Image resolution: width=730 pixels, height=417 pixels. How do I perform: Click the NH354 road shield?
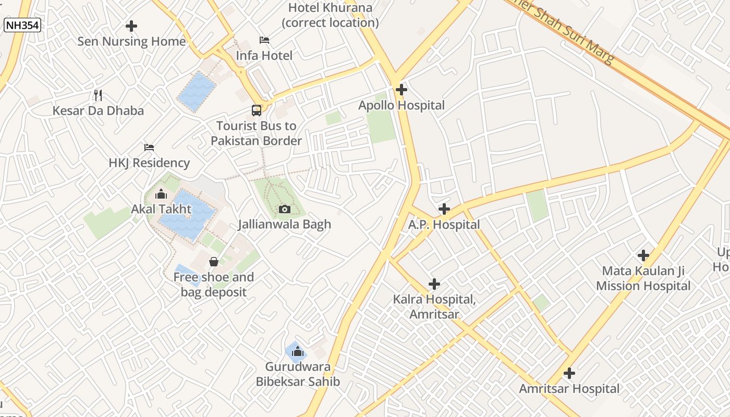22,24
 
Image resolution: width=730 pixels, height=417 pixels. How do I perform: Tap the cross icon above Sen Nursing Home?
131,26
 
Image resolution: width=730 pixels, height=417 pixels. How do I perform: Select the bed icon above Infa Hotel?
264,40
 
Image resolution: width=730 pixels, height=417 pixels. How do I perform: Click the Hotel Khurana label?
330,15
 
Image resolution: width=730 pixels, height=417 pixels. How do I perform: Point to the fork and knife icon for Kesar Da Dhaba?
98,95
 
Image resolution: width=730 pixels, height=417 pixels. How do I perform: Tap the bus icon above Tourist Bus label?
257,110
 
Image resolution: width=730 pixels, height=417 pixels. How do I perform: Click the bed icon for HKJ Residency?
149,148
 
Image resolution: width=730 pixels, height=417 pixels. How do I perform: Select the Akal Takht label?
161,209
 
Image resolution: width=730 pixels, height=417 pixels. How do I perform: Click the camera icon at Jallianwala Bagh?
284,209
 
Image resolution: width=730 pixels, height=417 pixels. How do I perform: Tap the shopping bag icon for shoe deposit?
214,261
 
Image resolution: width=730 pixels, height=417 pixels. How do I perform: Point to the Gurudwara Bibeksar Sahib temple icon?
298,351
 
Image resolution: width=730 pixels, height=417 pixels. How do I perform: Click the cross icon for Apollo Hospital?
401,90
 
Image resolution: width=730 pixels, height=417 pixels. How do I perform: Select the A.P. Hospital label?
444,225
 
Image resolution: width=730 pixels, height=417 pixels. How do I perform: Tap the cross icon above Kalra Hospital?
434,284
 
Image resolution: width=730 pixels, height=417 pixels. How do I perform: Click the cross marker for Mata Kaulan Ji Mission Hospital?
643,255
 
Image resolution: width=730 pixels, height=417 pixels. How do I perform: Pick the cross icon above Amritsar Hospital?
569,373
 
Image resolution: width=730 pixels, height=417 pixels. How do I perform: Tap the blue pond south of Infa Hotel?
197,92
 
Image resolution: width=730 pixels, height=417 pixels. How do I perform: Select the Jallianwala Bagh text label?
285,225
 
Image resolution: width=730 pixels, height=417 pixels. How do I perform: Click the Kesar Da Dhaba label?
98,111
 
